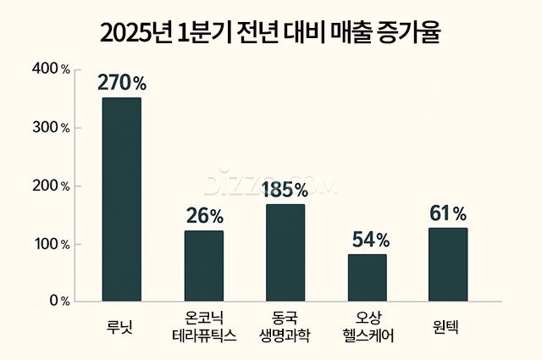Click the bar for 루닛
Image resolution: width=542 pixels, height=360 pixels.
click(x=121, y=199)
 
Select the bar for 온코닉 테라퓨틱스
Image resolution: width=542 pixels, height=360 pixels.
click(x=204, y=265)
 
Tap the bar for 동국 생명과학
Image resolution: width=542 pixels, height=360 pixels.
click(x=285, y=252)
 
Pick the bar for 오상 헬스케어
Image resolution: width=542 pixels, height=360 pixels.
click(x=367, y=277)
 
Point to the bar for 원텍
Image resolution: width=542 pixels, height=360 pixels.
click(x=448, y=264)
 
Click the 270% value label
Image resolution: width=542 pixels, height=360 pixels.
click(x=122, y=83)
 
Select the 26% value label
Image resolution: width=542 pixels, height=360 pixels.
click(x=205, y=217)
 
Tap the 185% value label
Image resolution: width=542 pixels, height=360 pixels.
click(x=286, y=189)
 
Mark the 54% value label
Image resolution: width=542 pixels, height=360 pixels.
click(x=368, y=240)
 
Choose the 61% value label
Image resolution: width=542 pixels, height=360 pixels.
click(x=448, y=213)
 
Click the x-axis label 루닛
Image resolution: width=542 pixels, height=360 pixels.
click(x=122, y=323)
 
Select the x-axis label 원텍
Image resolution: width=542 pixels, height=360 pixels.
click(x=448, y=323)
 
